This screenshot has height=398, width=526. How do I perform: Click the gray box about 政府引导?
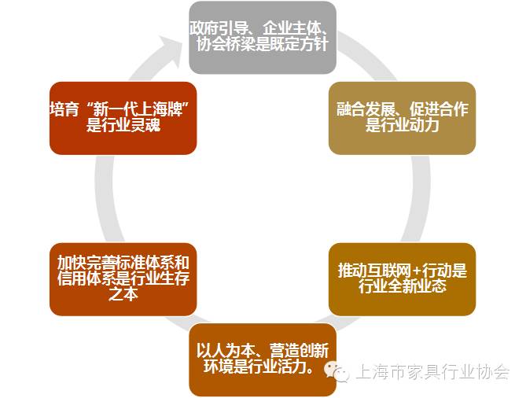[x=263, y=38]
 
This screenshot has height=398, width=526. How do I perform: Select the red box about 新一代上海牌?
[x=122, y=118]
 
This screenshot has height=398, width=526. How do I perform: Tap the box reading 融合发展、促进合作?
[x=402, y=118]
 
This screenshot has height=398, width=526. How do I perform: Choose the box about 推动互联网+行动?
[x=402, y=278]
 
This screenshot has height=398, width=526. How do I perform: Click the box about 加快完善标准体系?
[x=122, y=278]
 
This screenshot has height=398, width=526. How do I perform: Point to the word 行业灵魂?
[x=131, y=126]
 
